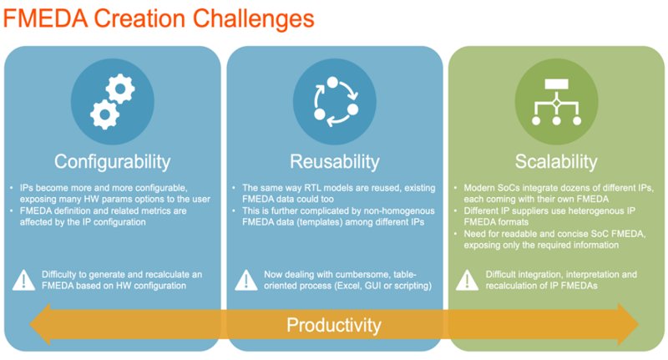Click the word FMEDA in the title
click(46, 18)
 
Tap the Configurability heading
click(113, 162)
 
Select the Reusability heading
click(335, 162)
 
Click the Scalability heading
click(556, 162)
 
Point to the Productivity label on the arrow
click(333, 325)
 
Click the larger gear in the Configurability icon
click(105, 114)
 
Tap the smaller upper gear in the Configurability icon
click(120, 89)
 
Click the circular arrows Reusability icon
click(335, 101)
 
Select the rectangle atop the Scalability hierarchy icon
click(556, 84)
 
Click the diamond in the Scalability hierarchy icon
click(556, 103)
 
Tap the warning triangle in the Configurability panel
click(24, 281)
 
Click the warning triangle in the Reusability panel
click(246, 281)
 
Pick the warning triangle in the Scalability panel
click(468, 281)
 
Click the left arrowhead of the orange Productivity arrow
click(39, 324)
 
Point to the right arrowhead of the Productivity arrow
click(628, 324)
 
